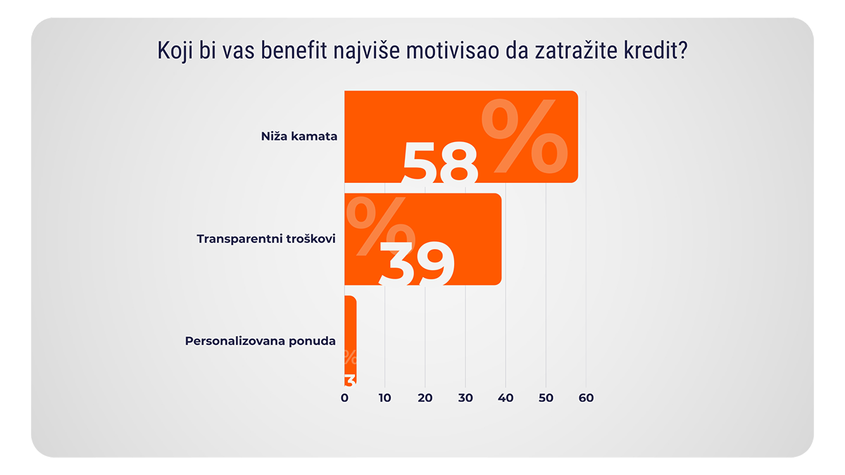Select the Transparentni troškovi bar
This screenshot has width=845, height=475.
click(423, 239)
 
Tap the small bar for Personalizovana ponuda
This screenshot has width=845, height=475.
click(350, 341)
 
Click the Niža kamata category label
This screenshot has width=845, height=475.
click(299, 137)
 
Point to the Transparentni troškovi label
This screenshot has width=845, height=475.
click(266, 239)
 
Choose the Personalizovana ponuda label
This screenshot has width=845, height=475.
click(261, 341)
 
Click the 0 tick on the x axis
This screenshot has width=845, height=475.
click(344, 398)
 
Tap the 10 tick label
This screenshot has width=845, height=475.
click(384, 398)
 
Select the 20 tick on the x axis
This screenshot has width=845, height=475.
click(425, 398)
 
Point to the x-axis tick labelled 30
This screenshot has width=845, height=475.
click(465, 398)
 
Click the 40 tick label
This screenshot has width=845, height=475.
click(506, 398)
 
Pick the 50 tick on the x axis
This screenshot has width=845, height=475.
click(546, 398)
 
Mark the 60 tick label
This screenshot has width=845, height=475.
click(586, 398)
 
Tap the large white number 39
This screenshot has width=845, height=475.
click(416, 263)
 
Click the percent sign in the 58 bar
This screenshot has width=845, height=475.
click(524, 139)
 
